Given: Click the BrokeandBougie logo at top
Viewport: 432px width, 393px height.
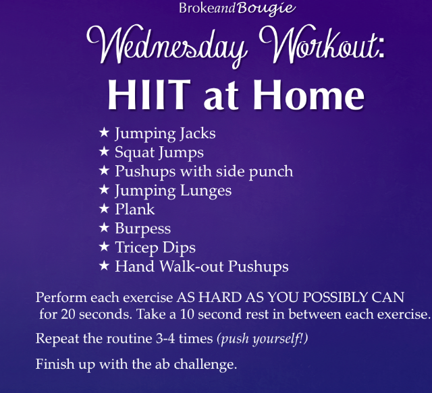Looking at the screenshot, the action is (237, 8).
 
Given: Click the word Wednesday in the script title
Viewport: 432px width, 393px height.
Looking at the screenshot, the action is (167, 45).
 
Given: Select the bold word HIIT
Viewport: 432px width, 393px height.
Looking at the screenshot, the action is (149, 94).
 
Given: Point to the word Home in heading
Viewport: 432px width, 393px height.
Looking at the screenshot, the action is (309, 94).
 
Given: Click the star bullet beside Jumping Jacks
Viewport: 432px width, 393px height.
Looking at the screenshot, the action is (104, 132).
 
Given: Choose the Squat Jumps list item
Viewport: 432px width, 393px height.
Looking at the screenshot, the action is (159, 153).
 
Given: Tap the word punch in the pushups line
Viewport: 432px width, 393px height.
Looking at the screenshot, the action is (271, 172).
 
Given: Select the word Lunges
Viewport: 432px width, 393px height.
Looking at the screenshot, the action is (206, 191).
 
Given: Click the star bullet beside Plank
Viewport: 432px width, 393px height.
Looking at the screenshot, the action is (104, 208).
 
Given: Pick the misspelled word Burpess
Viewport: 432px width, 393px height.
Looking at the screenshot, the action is (142, 229).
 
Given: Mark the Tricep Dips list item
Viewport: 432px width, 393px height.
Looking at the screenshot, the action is (155, 247).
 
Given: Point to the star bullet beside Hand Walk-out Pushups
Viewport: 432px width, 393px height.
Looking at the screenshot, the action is (104, 266).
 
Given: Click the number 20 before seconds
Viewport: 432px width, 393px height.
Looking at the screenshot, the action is (68, 314).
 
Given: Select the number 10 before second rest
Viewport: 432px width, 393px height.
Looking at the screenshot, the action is (187, 314).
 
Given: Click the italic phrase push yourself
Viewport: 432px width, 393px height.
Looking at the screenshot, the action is (263, 339).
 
